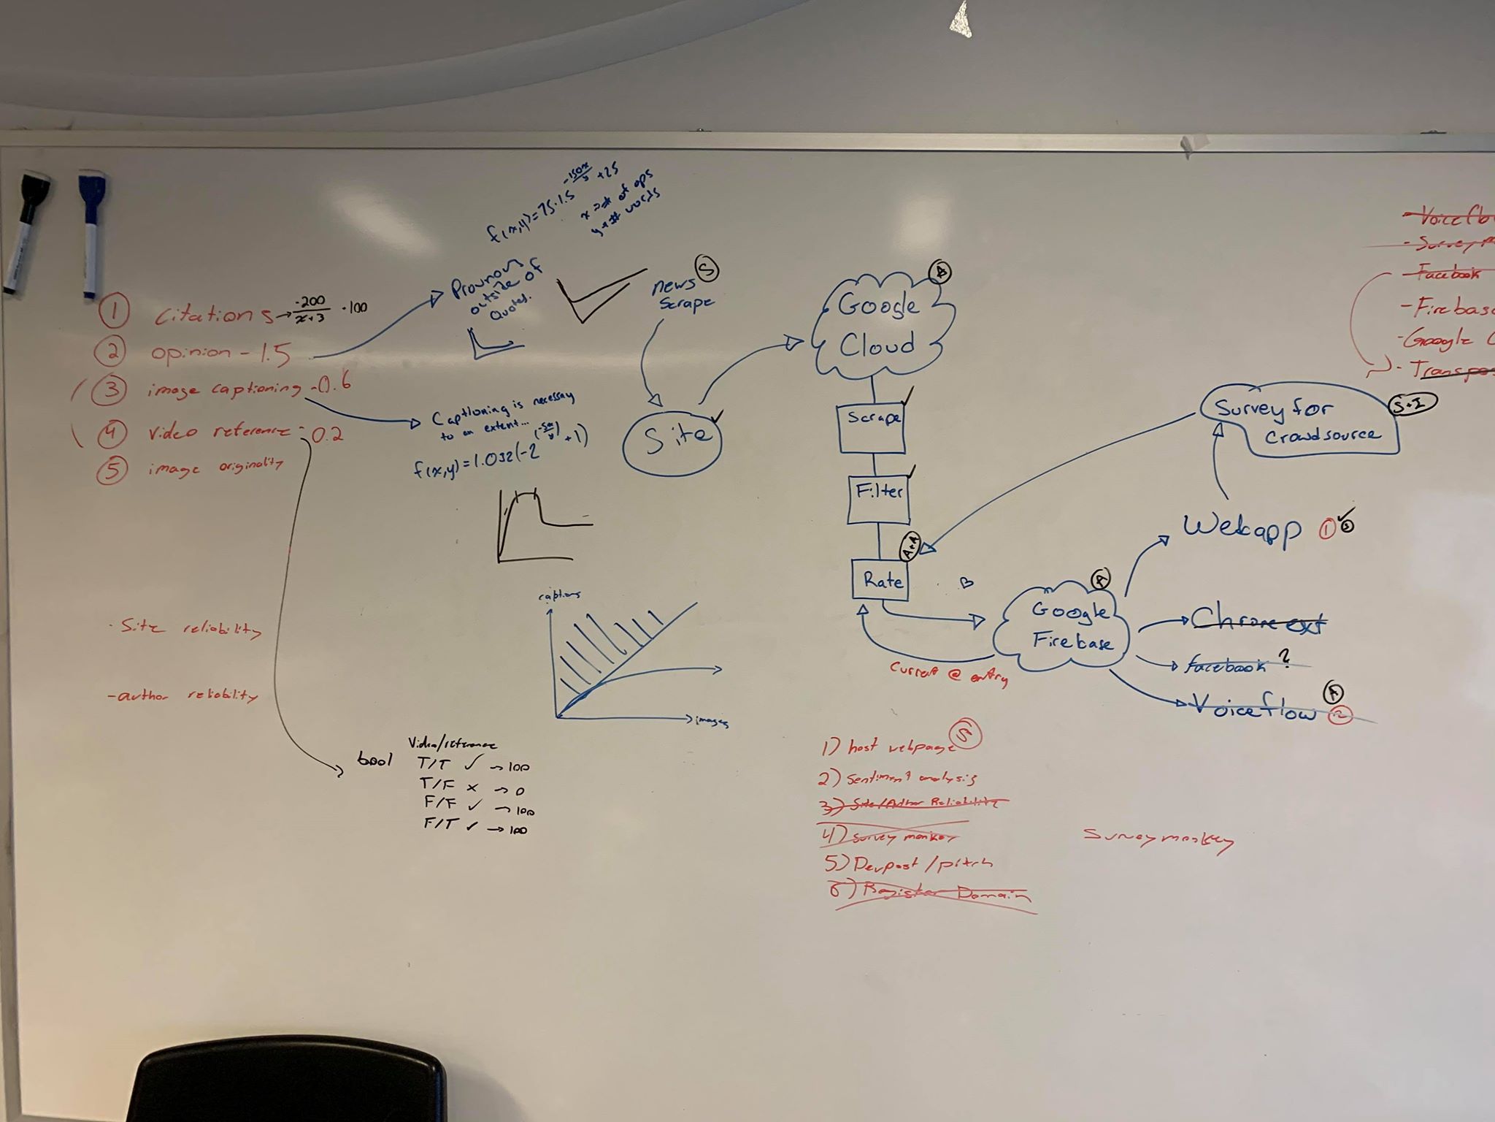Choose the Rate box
(881, 581)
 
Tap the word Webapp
(1242, 527)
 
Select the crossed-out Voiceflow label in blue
(1253, 709)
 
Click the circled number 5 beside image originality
(110, 469)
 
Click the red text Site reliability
(185, 630)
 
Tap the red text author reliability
(182, 695)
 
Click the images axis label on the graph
(711, 721)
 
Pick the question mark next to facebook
(1285, 659)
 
